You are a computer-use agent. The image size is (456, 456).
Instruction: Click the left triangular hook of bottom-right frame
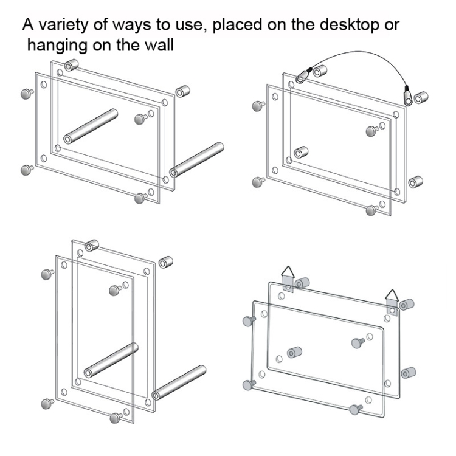click(x=288, y=279)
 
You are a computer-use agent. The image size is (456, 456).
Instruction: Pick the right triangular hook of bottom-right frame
click(x=393, y=302)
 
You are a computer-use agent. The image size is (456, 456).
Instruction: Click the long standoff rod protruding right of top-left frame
click(x=196, y=160)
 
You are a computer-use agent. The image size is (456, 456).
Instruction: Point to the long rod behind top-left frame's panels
click(x=91, y=126)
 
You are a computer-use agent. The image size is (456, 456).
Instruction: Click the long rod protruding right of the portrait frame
click(x=179, y=382)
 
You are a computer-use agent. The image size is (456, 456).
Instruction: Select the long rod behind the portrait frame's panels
click(x=111, y=361)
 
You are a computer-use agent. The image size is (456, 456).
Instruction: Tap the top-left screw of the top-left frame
click(x=27, y=94)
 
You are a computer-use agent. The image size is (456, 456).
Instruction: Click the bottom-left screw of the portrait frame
click(x=47, y=404)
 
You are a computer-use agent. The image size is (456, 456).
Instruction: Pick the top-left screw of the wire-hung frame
click(x=258, y=106)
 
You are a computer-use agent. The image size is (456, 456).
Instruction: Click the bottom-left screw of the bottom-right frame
click(x=249, y=385)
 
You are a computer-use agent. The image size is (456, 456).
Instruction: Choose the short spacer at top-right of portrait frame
click(x=166, y=262)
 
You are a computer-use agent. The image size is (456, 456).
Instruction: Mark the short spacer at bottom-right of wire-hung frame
click(x=416, y=182)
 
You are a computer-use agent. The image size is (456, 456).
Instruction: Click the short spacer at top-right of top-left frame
click(x=182, y=91)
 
